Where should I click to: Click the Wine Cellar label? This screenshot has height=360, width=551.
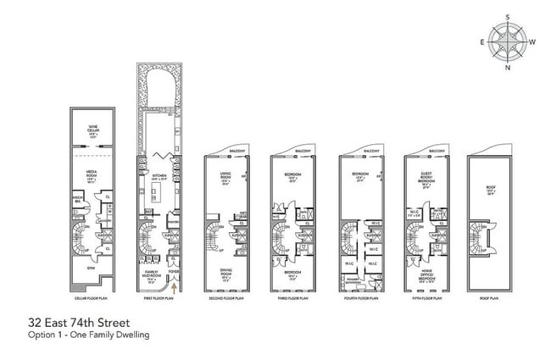pos(93,128)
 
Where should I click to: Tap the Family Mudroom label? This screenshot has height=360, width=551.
pos(153,274)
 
